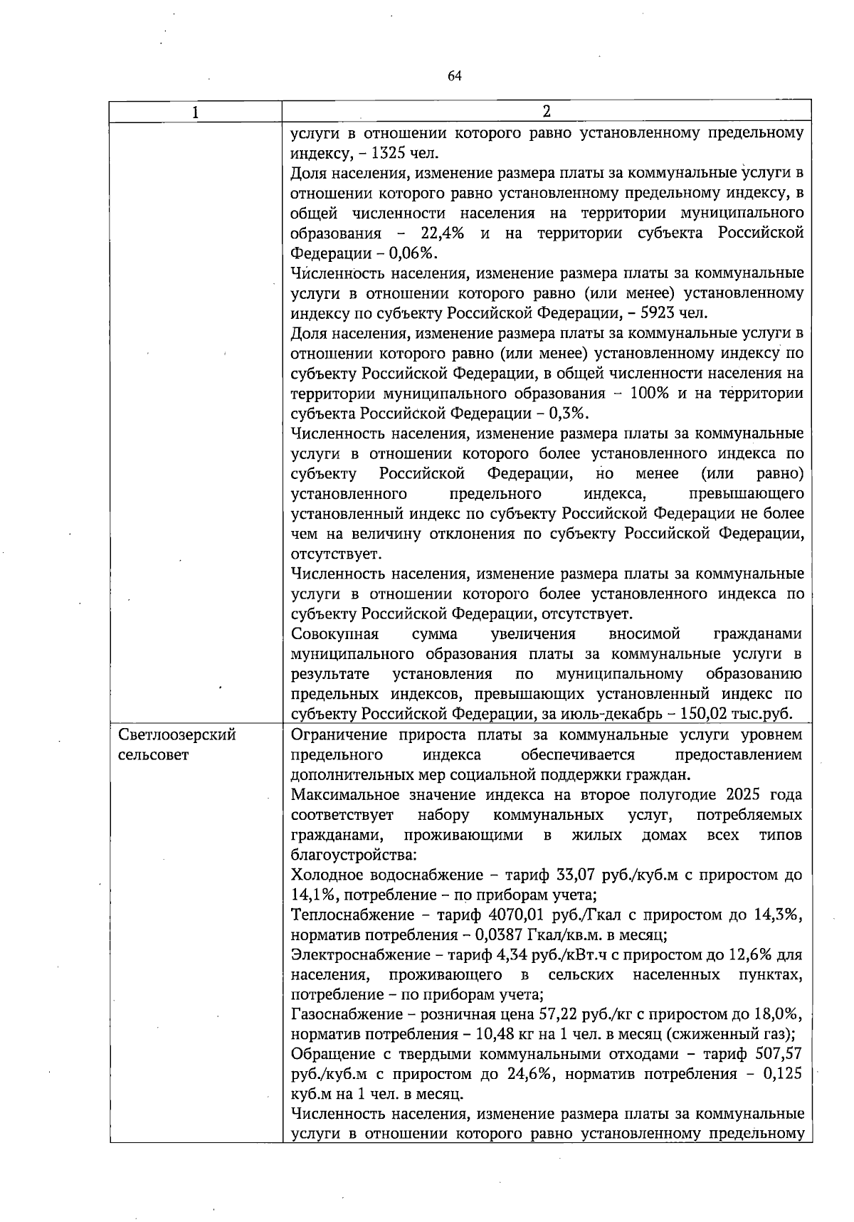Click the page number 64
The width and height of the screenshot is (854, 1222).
click(455, 76)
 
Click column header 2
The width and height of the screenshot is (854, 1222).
click(546, 111)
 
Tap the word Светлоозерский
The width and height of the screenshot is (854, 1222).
click(177, 734)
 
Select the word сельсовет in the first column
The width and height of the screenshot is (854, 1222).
click(153, 754)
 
